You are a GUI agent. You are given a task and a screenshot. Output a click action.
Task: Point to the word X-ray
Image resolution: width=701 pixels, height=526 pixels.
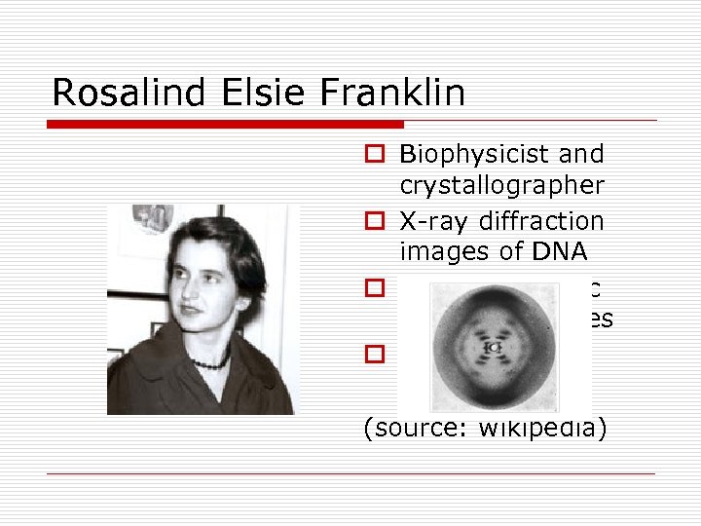tap(432, 221)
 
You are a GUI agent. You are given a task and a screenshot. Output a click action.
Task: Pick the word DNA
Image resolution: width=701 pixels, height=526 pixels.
tap(558, 252)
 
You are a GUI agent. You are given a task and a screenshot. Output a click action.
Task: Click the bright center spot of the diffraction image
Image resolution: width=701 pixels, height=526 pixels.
tap(495, 347)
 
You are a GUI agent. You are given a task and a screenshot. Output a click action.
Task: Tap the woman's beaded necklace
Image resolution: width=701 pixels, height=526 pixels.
tap(208, 362)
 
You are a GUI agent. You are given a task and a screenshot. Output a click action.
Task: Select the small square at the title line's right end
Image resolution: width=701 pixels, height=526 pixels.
tap(651, 125)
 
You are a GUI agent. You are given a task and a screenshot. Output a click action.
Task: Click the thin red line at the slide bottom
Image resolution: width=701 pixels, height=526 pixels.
tap(350, 474)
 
